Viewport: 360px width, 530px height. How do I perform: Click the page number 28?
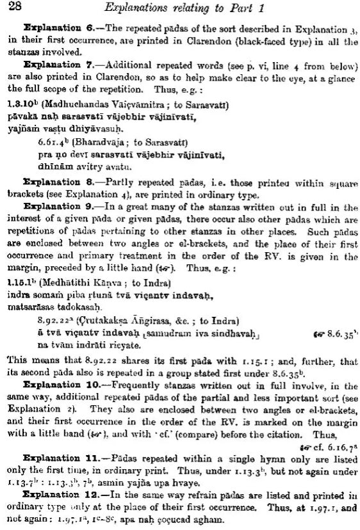[x=13, y=8]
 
